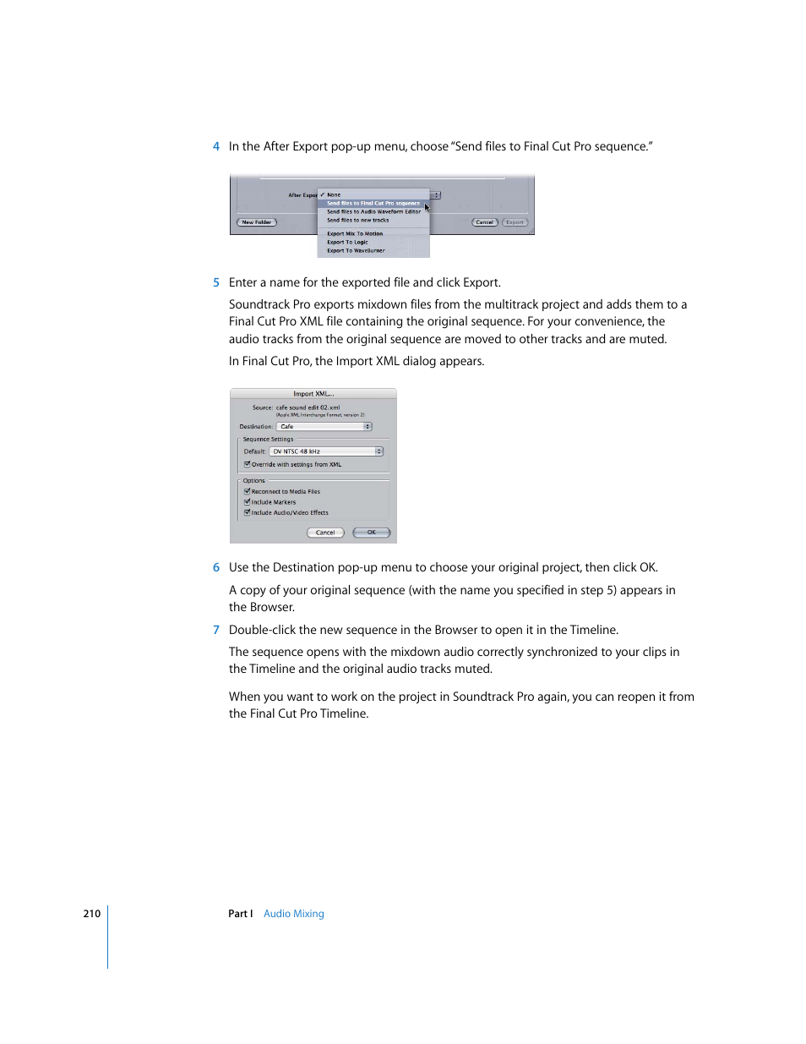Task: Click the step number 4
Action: pos(216,146)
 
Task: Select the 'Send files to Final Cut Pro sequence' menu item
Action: pos(373,203)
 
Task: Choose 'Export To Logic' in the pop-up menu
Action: pos(347,242)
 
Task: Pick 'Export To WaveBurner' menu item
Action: pos(356,250)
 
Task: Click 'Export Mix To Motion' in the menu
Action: pos(355,233)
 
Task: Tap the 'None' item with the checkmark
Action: pos(334,194)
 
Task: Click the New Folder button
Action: pos(257,222)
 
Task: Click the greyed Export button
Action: pos(515,222)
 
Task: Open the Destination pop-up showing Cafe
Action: pos(324,427)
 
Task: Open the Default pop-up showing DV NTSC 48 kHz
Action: pos(326,451)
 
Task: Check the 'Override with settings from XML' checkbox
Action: pos(248,464)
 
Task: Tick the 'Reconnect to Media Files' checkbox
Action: pos(248,491)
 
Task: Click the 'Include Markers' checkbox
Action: pos(248,502)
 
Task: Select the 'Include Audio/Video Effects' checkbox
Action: pos(248,512)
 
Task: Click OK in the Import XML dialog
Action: pos(372,533)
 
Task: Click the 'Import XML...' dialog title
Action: pos(313,394)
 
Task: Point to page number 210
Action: pos(91,914)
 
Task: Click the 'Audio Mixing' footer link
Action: pos(293,914)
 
